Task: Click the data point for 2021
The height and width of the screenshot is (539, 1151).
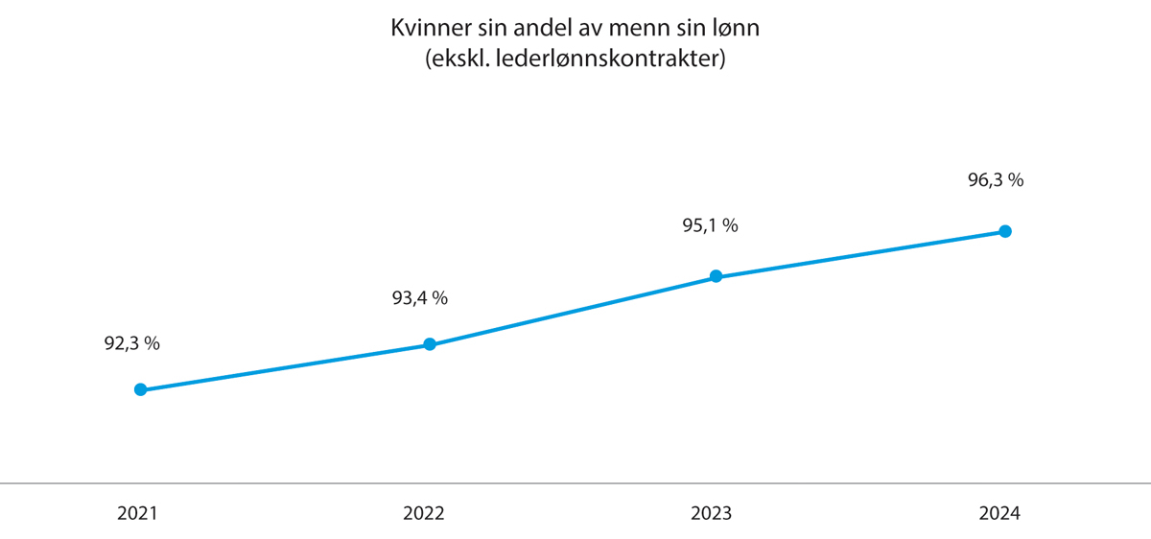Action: (x=140, y=389)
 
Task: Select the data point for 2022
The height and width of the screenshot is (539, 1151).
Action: (x=430, y=344)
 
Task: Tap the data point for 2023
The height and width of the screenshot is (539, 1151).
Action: (x=716, y=276)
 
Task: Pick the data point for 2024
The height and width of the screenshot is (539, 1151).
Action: (x=1005, y=231)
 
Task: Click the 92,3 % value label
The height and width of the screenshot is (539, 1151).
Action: (x=131, y=343)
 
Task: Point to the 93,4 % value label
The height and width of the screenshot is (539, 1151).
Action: (x=420, y=298)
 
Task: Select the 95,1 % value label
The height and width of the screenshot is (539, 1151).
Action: (x=709, y=226)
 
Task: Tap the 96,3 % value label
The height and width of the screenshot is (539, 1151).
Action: (x=996, y=179)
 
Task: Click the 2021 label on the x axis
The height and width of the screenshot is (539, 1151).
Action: (x=137, y=513)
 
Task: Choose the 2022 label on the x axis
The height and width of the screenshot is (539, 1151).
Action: (x=425, y=513)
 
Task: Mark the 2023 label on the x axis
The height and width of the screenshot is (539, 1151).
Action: (x=711, y=513)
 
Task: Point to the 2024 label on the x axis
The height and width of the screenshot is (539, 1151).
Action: (x=999, y=513)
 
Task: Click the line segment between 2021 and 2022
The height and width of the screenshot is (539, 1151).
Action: (x=285, y=367)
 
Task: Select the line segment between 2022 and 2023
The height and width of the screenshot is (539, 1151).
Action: (x=573, y=311)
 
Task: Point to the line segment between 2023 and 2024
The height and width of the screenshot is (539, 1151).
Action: (x=860, y=254)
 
